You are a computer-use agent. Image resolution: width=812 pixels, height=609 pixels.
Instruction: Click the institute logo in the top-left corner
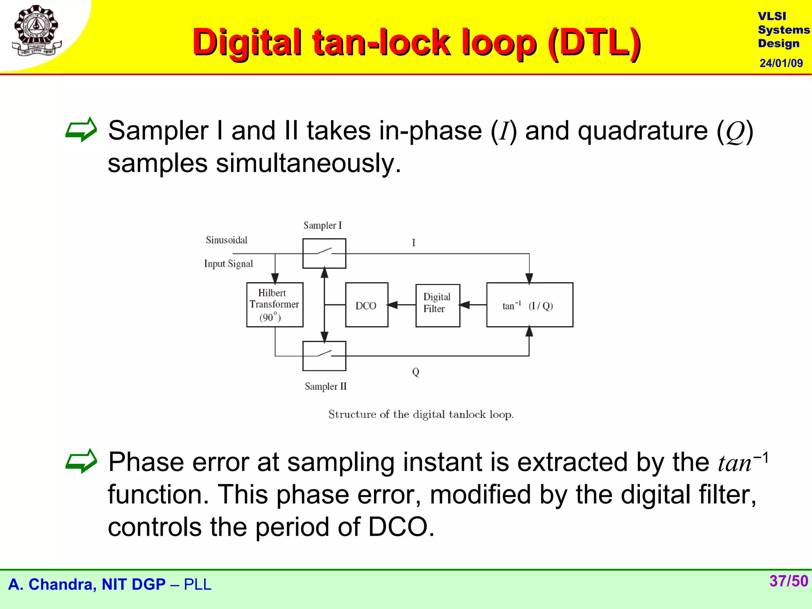(36, 31)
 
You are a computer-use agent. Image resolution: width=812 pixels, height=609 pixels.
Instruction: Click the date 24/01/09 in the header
(781, 63)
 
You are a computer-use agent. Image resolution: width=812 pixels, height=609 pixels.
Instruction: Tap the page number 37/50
(788, 581)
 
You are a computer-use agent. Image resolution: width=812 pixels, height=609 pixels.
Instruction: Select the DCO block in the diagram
(366, 305)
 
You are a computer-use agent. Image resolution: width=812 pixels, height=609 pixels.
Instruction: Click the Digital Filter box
(437, 305)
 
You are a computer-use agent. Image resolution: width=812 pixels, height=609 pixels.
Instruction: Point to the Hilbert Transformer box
(274, 304)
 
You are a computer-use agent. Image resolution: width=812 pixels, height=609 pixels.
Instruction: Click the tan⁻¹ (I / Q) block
(529, 305)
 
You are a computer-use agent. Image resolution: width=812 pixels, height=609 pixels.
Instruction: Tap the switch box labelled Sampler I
(324, 253)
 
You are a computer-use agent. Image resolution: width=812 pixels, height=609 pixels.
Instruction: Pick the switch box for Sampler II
(324, 356)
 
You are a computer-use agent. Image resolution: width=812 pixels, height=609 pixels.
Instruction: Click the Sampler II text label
(326, 386)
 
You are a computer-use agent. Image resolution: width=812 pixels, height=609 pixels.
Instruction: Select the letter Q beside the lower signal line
(416, 372)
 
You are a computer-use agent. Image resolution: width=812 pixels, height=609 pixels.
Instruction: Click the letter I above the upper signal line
(414, 243)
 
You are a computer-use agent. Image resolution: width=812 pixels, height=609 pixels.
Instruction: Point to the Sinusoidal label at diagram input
(226, 240)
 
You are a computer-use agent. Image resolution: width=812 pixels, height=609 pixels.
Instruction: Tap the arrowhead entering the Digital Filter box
(464, 305)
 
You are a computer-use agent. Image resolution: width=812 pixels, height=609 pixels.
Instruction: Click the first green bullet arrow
(81, 130)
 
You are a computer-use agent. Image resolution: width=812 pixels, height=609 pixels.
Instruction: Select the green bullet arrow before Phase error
(81, 461)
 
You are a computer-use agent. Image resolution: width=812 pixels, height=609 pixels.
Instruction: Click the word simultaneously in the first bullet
(308, 163)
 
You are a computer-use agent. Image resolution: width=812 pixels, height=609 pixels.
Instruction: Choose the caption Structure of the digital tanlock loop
(421, 414)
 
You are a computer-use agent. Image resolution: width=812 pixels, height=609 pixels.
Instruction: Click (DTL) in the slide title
(594, 43)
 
